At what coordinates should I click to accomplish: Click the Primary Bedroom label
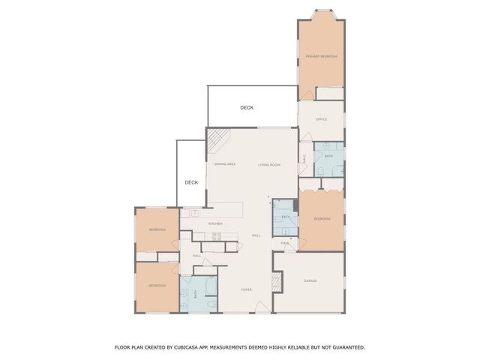pos(321,57)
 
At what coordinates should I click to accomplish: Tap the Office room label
pos(321,119)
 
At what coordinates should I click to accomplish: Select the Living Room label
pos(269,164)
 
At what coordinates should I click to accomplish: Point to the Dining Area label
pos(226,164)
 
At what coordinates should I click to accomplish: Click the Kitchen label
pos(215,223)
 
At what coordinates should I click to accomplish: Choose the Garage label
pos(310,280)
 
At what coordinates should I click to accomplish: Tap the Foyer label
pos(245,289)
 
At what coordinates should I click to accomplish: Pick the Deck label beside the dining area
pos(191,182)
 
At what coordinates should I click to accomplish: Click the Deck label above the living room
pos(247,108)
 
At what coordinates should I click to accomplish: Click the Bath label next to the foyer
pos(196,295)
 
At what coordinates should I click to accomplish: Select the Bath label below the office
pos(328,156)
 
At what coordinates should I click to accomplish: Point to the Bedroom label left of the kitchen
pos(157,229)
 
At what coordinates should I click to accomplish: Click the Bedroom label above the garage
pos(322,219)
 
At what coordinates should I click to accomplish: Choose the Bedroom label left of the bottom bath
pos(157,286)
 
